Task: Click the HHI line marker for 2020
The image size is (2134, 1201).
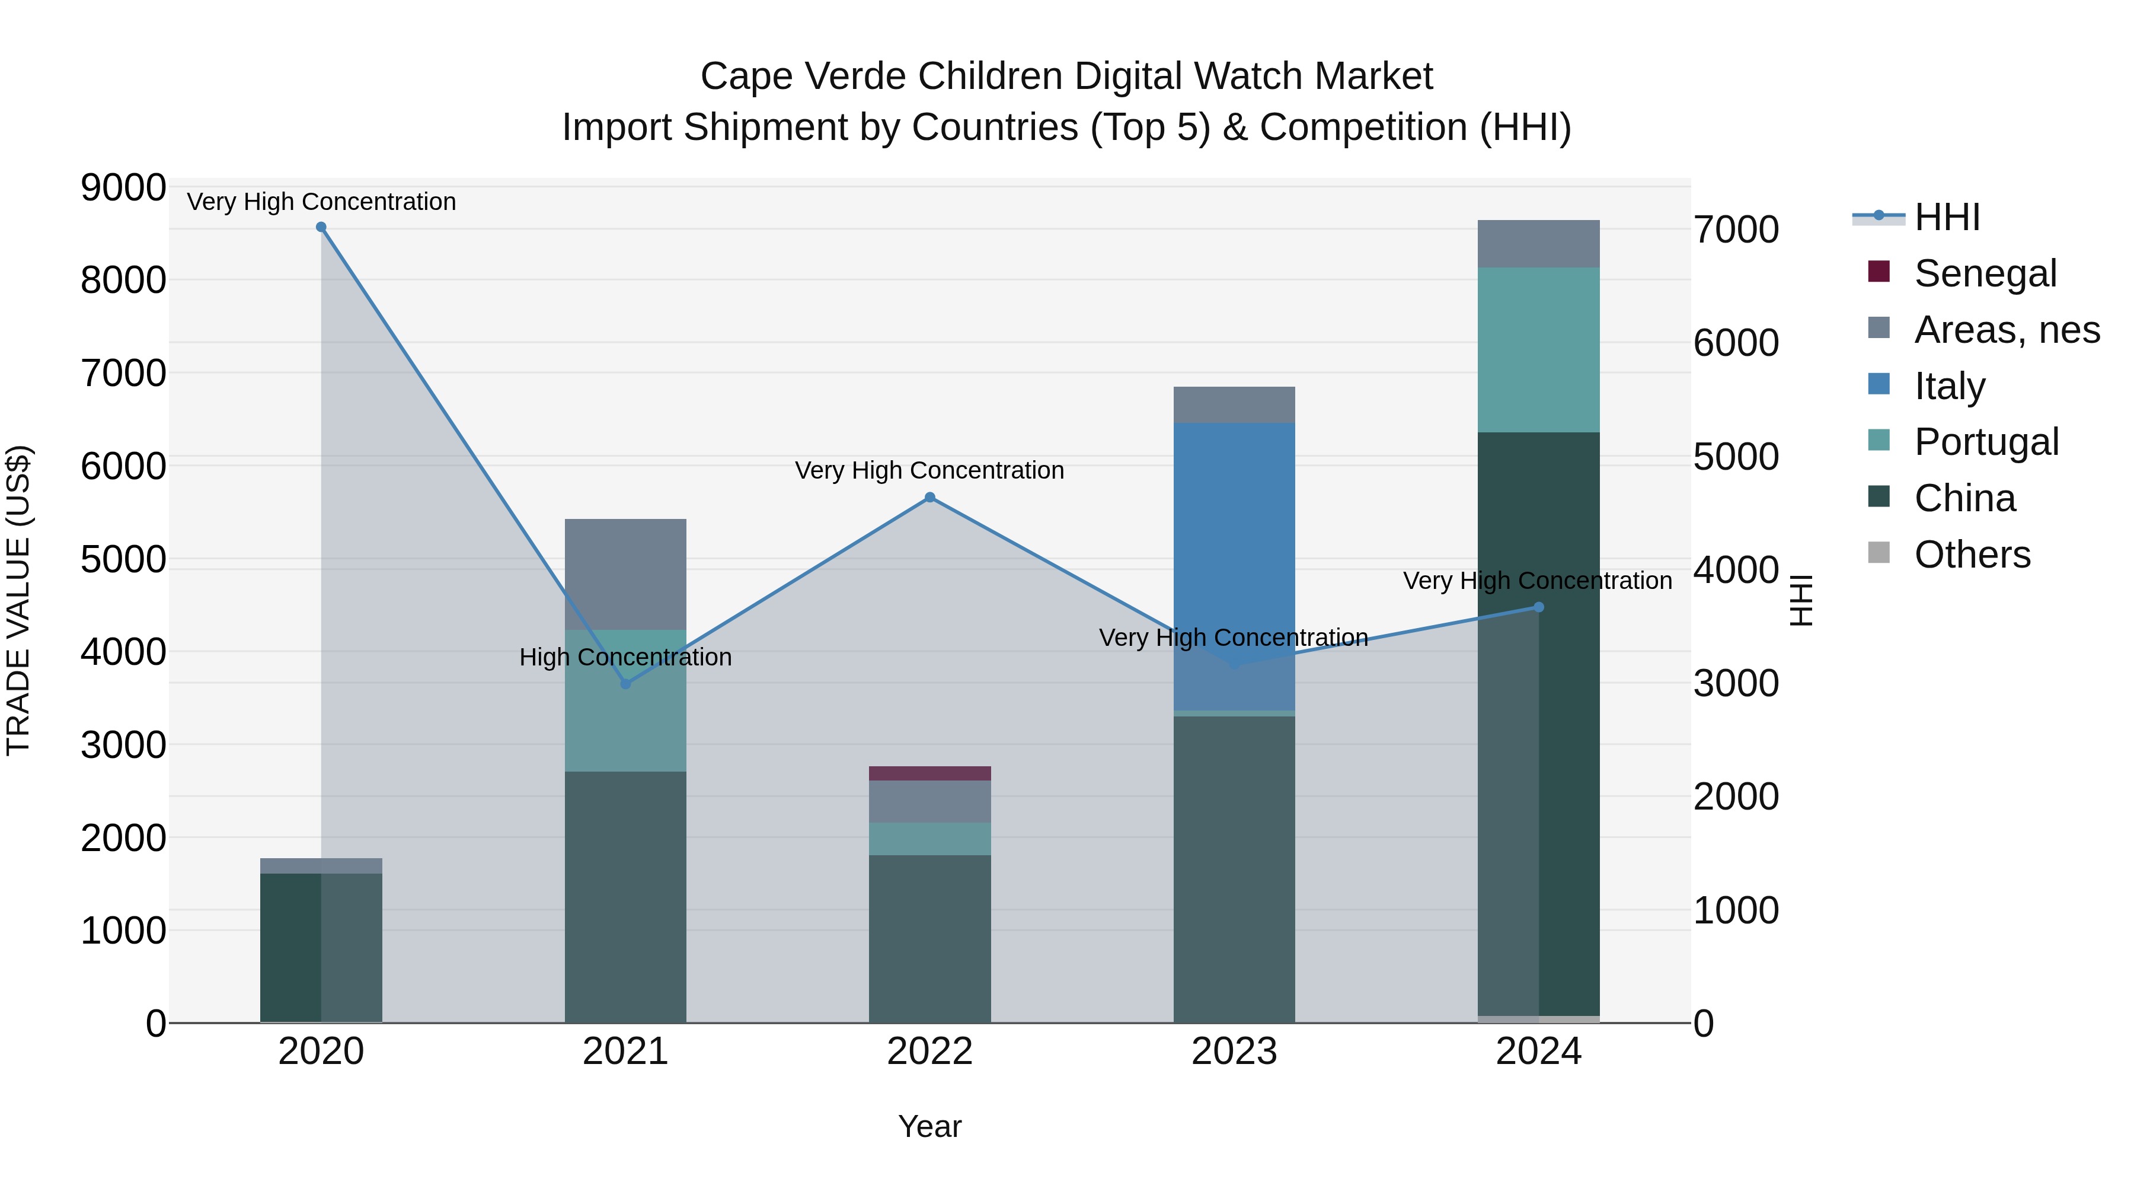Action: [x=321, y=227]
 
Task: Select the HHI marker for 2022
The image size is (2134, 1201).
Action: [x=929, y=498]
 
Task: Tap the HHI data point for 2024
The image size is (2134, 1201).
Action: [x=1538, y=607]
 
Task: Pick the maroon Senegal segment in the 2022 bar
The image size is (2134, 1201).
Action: [x=929, y=773]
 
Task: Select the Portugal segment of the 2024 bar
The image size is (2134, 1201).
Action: [x=1538, y=350]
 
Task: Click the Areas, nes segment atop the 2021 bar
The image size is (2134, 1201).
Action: [x=625, y=574]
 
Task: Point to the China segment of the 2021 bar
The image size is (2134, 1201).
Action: [x=625, y=895]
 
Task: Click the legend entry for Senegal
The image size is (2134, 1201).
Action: [x=1985, y=273]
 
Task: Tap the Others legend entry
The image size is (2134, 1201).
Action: [x=1972, y=555]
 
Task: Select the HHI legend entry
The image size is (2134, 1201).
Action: [x=1946, y=217]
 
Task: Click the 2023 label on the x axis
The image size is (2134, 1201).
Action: [x=1234, y=1052]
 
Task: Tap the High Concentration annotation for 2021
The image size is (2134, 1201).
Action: [x=625, y=657]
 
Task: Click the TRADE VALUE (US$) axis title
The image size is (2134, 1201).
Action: [x=18, y=600]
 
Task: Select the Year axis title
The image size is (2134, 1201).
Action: [x=929, y=1126]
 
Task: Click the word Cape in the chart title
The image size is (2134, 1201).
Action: [x=742, y=77]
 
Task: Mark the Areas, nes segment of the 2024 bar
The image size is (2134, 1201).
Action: [x=1538, y=244]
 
